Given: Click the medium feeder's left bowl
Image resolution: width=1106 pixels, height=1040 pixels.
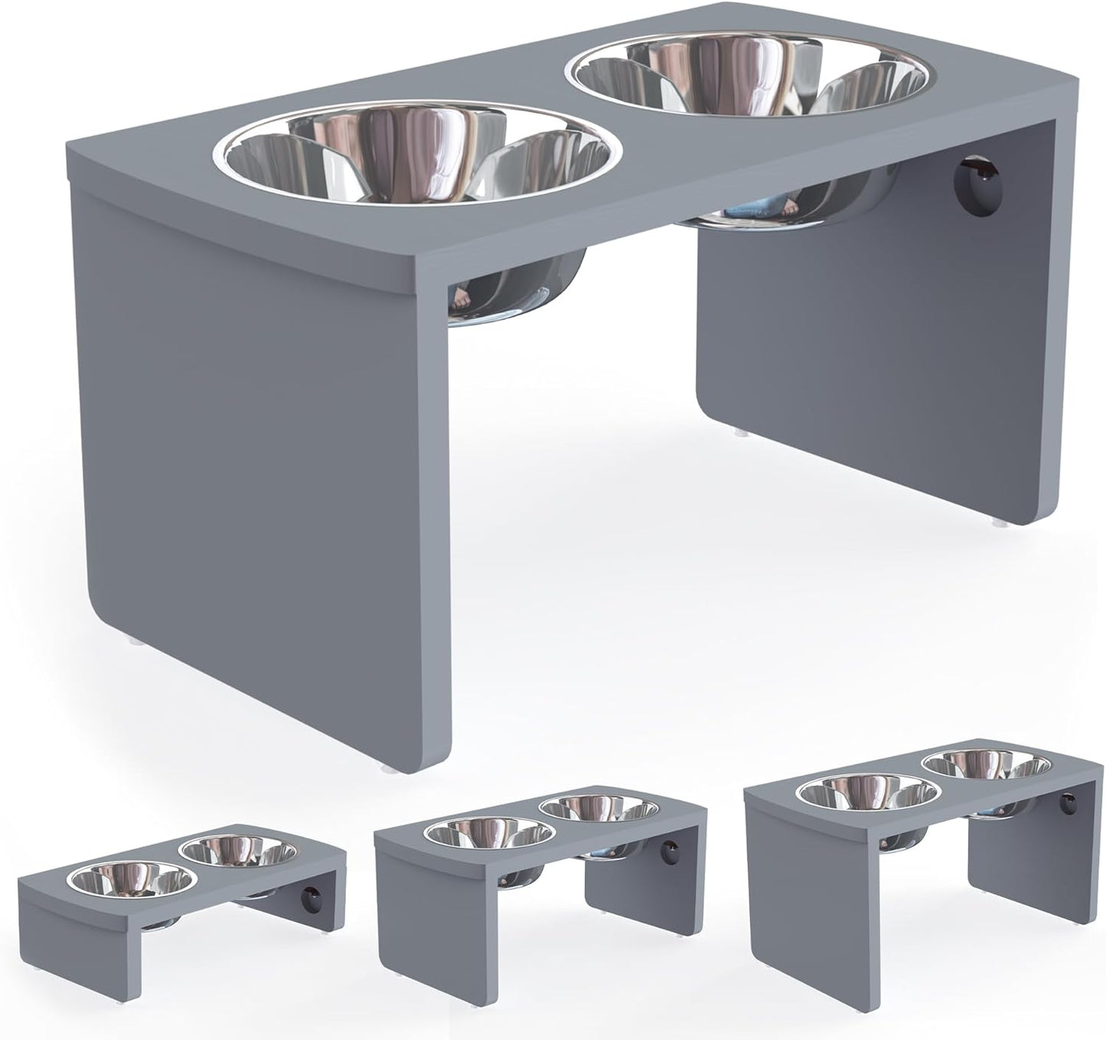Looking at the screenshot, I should coord(490,834).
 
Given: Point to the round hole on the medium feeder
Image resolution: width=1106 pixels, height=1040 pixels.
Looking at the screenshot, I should coord(670,851).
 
